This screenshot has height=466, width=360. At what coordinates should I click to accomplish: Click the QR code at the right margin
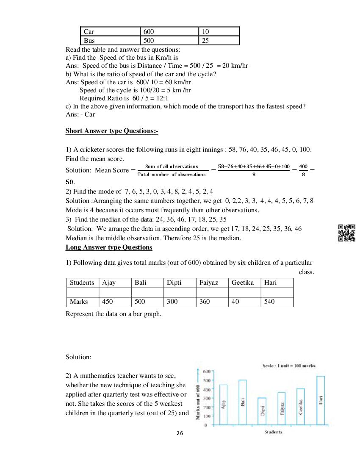point(347,233)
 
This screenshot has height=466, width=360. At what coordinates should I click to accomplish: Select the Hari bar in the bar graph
point(321,400)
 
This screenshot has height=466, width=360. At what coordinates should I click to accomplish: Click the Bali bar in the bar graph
point(242,402)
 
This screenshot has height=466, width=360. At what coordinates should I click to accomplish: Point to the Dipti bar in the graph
point(262,411)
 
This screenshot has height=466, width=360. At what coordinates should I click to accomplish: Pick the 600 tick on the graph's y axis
point(206,372)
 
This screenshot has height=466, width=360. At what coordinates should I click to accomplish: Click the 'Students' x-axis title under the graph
point(273,432)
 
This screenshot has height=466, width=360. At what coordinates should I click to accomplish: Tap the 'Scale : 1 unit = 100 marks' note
point(289,366)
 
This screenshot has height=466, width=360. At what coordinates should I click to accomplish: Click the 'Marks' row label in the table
point(79,302)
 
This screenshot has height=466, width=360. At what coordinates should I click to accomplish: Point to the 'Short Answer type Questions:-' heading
point(112,131)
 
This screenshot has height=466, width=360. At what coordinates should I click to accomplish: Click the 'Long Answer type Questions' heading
point(109,247)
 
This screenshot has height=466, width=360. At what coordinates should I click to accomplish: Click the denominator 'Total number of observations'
point(171,175)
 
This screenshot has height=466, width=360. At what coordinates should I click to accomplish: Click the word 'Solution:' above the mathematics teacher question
point(78,357)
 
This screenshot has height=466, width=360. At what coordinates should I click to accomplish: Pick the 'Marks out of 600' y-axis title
point(198,402)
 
